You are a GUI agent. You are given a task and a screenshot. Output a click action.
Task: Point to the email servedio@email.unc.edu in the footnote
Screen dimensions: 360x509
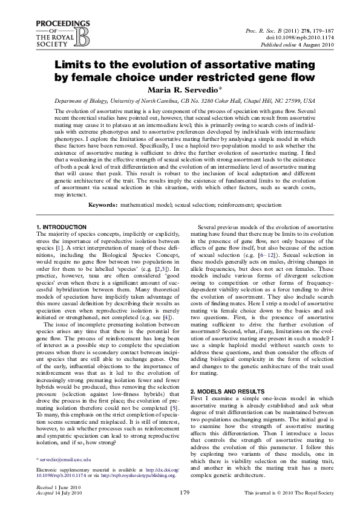tap(65, 460)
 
